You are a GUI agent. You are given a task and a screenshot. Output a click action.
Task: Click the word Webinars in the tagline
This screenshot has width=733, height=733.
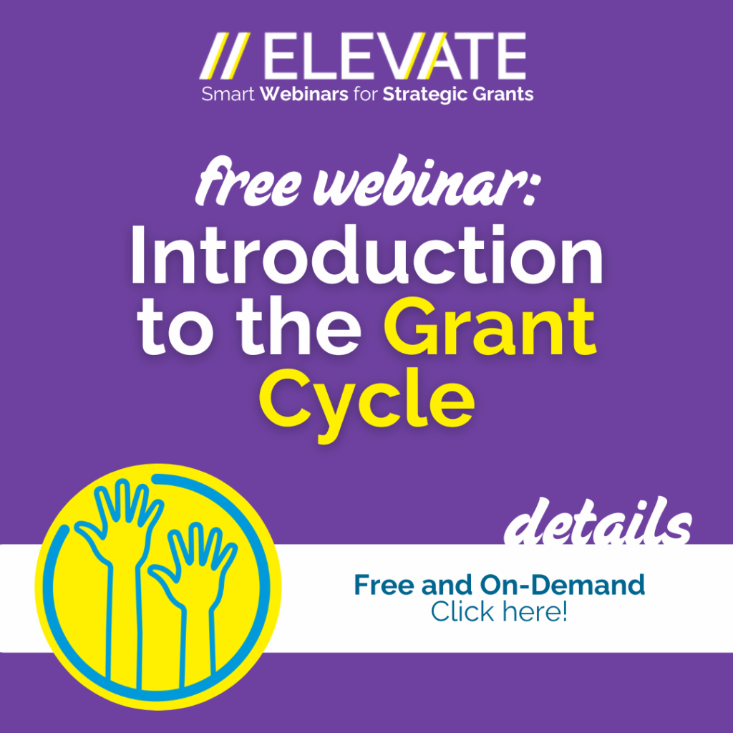(304, 94)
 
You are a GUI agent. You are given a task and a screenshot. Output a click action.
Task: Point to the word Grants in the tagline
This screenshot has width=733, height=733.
(503, 94)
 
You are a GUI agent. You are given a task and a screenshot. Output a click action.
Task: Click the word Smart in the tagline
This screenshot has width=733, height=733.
(228, 94)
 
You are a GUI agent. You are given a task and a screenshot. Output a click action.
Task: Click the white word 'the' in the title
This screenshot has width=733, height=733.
(298, 325)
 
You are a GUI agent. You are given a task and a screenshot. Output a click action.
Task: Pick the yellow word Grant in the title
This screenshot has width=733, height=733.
(490, 325)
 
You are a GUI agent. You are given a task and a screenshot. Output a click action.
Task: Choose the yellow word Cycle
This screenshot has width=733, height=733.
(367, 402)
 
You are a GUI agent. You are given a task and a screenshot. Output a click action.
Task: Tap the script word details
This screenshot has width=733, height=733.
(598, 521)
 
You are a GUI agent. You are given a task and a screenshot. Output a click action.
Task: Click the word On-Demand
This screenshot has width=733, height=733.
(562, 584)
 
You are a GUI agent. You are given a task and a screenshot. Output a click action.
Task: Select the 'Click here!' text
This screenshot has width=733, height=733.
(499, 611)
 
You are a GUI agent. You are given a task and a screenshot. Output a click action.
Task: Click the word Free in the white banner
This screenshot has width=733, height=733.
(384, 584)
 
